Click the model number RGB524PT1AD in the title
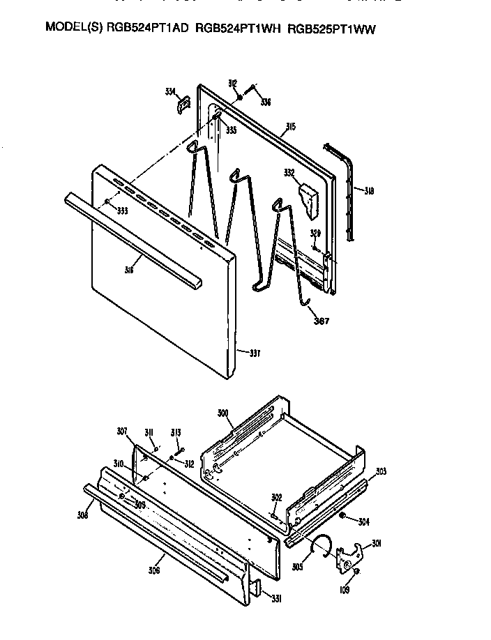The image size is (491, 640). point(138,29)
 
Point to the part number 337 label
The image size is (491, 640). point(255,353)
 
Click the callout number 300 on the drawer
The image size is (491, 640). point(222,414)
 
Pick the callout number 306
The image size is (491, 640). point(154,570)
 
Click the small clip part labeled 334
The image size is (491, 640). point(184,104)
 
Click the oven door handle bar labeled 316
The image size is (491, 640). point(133,237)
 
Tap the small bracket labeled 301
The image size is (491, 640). point(348,557)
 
